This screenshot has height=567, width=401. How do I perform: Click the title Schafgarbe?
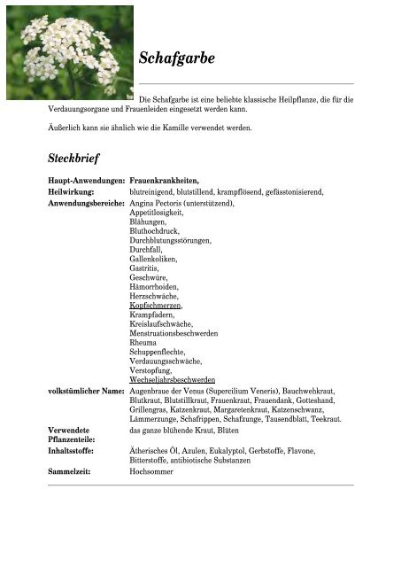click(177, 59)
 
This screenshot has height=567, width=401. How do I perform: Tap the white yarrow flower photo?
click(68, 52)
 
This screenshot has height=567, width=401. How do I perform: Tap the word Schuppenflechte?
click(159, 354)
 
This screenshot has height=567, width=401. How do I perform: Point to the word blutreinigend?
click(153, 191)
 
